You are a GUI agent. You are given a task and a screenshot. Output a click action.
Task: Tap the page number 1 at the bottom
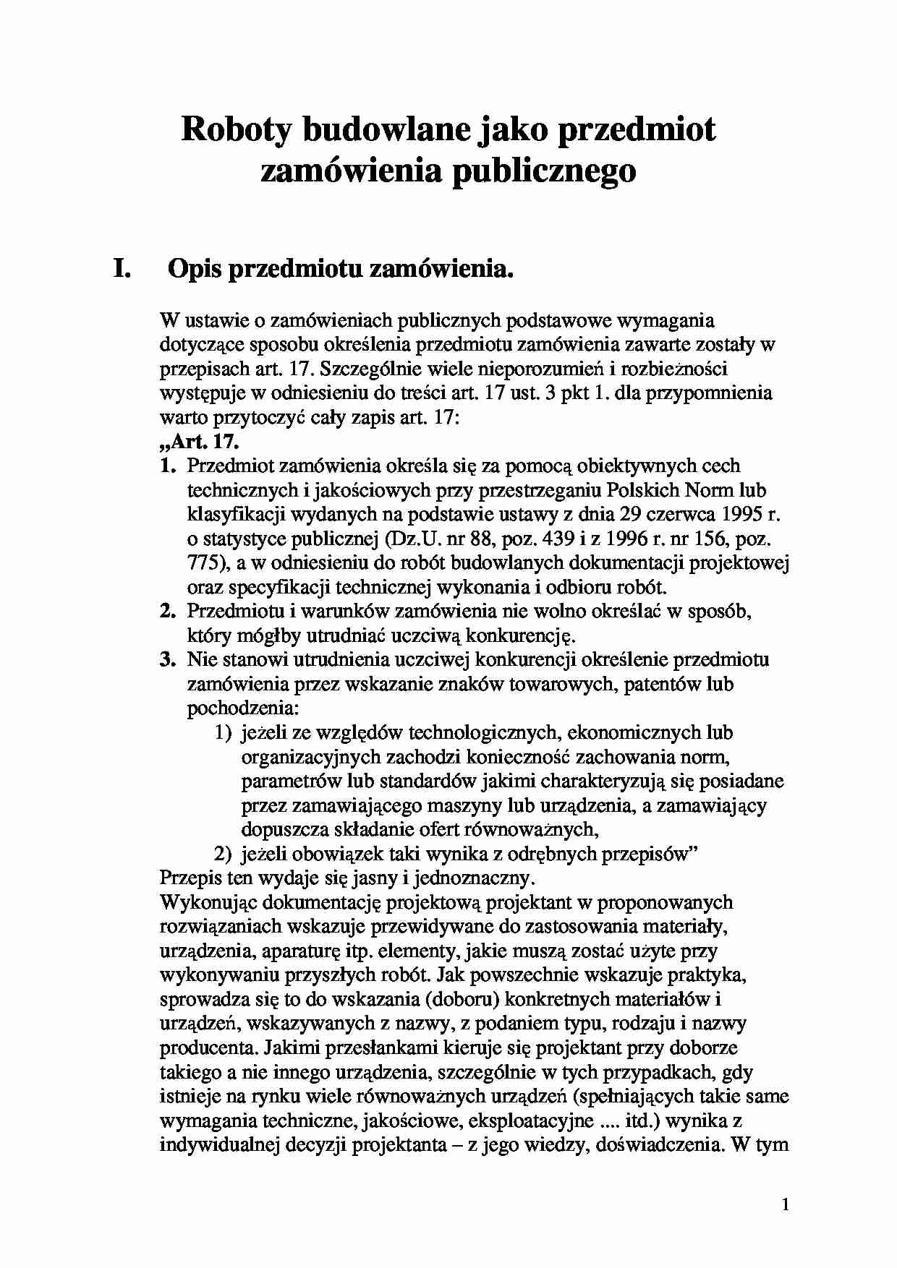786,1204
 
